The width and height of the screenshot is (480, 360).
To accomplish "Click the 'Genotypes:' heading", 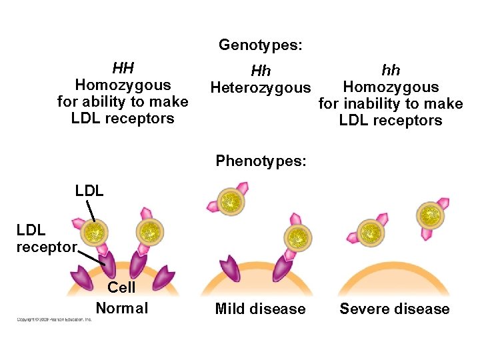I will (x=260, y=45).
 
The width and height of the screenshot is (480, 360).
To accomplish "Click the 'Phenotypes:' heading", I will (x=261, y=161).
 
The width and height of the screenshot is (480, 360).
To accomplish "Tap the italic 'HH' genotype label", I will (x=123, y=68).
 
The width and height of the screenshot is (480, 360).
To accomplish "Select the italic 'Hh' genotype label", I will (x=260, y=71).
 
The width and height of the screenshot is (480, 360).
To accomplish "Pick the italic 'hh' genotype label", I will (x=390, y=70).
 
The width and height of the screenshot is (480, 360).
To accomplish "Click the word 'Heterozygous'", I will (x=260, y=87).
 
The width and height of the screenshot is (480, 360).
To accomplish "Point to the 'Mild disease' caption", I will (x=260, y=309).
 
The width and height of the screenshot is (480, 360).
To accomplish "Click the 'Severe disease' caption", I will (x=395, y=309).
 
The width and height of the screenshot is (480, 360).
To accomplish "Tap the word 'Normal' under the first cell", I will (x=122, y=308).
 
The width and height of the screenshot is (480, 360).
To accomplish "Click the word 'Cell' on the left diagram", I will (x=121, y=287).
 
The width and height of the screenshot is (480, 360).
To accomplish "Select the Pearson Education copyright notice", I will (x=55, y=319).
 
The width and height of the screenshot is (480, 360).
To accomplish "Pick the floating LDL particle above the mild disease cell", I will (x=231, y=201).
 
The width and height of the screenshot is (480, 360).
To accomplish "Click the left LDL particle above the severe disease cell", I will (x=368, y=233).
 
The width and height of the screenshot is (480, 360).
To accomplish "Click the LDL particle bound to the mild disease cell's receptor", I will (x=297, y=236).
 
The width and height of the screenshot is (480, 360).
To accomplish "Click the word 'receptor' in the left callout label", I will (x=46, y=247).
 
